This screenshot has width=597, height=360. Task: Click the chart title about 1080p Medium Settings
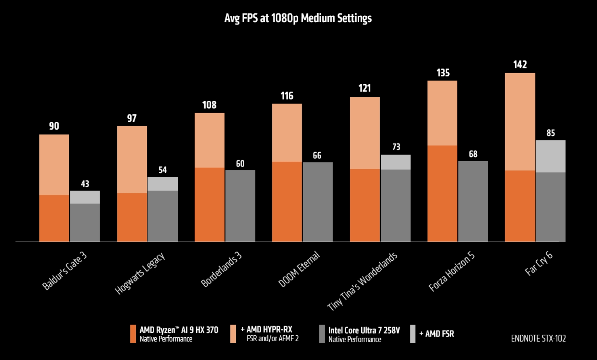[298, 18]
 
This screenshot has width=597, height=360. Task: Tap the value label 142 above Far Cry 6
[520, 65]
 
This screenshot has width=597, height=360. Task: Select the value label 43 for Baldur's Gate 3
[85, 184]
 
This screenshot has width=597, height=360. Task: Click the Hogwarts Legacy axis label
[140, 273]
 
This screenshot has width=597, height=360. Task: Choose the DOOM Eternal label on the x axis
[299, 269]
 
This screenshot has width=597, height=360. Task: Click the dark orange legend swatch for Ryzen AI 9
[133, 334]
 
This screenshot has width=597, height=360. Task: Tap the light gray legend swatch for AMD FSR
[413, 334]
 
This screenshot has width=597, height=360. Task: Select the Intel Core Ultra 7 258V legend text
[364, 330]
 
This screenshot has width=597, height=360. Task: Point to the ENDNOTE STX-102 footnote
[538, 338]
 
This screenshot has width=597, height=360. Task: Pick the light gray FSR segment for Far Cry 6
[550, 156]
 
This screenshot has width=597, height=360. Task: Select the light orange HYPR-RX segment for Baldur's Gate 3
[54, 165]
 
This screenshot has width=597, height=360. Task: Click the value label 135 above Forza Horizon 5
[443, 73]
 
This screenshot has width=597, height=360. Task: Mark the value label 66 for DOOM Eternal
[317, 155]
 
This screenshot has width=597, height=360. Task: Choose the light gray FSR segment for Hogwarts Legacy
[163, 184]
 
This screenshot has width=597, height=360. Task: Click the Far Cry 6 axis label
[539, 263]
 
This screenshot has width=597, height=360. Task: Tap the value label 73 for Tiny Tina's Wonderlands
[396, 147]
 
